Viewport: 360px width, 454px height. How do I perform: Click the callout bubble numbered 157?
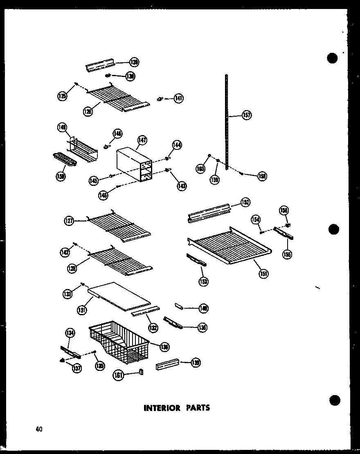247,115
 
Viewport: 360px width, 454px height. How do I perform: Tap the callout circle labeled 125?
62,97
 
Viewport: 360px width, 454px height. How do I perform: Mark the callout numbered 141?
178,98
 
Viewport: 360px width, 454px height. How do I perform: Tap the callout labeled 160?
200,169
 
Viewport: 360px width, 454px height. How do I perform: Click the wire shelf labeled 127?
119,225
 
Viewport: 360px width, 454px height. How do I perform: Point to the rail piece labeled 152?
209,212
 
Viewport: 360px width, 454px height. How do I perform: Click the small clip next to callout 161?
142,372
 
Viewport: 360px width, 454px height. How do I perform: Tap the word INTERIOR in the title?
161,408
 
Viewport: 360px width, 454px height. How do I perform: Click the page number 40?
39,429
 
